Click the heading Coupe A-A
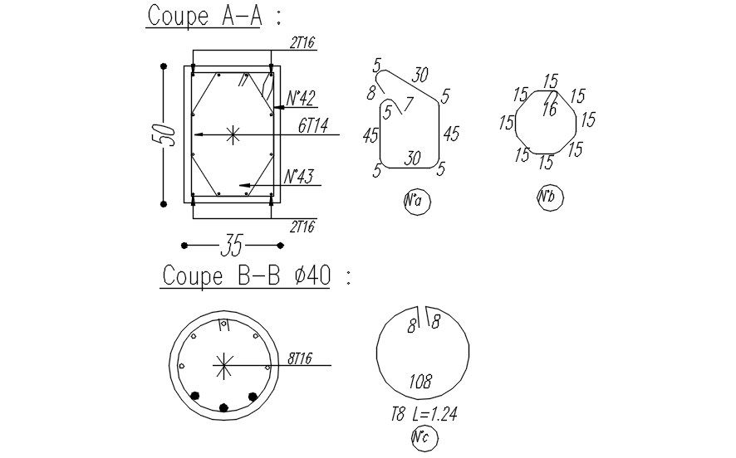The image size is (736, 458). tap(203, 16)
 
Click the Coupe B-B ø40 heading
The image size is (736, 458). tap(246, 275)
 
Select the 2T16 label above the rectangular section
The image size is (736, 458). tap(302, 43)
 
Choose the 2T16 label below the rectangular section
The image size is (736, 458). tap(302, 227)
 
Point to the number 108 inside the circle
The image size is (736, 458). tap(420, 382)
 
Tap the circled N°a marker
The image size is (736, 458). tap(417, 202)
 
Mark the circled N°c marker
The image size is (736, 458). tap(422, 439)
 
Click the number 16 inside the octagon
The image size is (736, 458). tap(549, 109)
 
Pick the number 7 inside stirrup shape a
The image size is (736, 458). tap(407, 104)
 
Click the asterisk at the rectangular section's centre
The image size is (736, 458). tap(233, 134)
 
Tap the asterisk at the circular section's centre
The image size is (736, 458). tap(223, 364)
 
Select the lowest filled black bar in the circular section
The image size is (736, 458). tap(223, 407)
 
